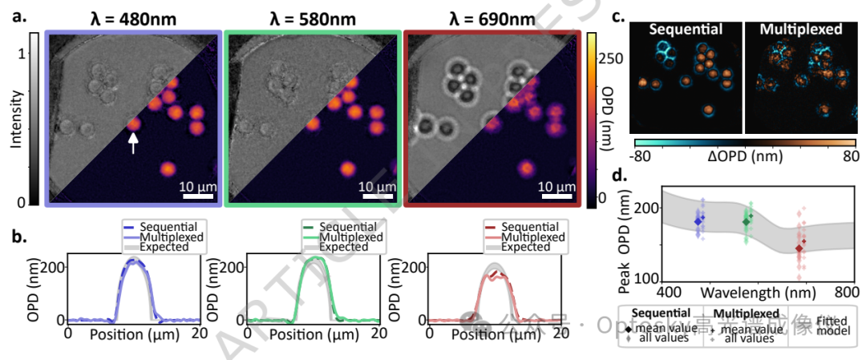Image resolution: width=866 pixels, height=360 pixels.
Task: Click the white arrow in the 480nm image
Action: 134,143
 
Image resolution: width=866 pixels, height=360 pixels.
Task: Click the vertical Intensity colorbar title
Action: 15,120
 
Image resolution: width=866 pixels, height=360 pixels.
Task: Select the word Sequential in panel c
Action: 686,30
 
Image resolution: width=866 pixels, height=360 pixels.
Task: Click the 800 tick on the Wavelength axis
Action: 846,289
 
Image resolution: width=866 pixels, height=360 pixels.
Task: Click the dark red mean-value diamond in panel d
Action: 799,249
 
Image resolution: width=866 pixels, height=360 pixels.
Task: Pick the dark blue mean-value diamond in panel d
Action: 698,220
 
